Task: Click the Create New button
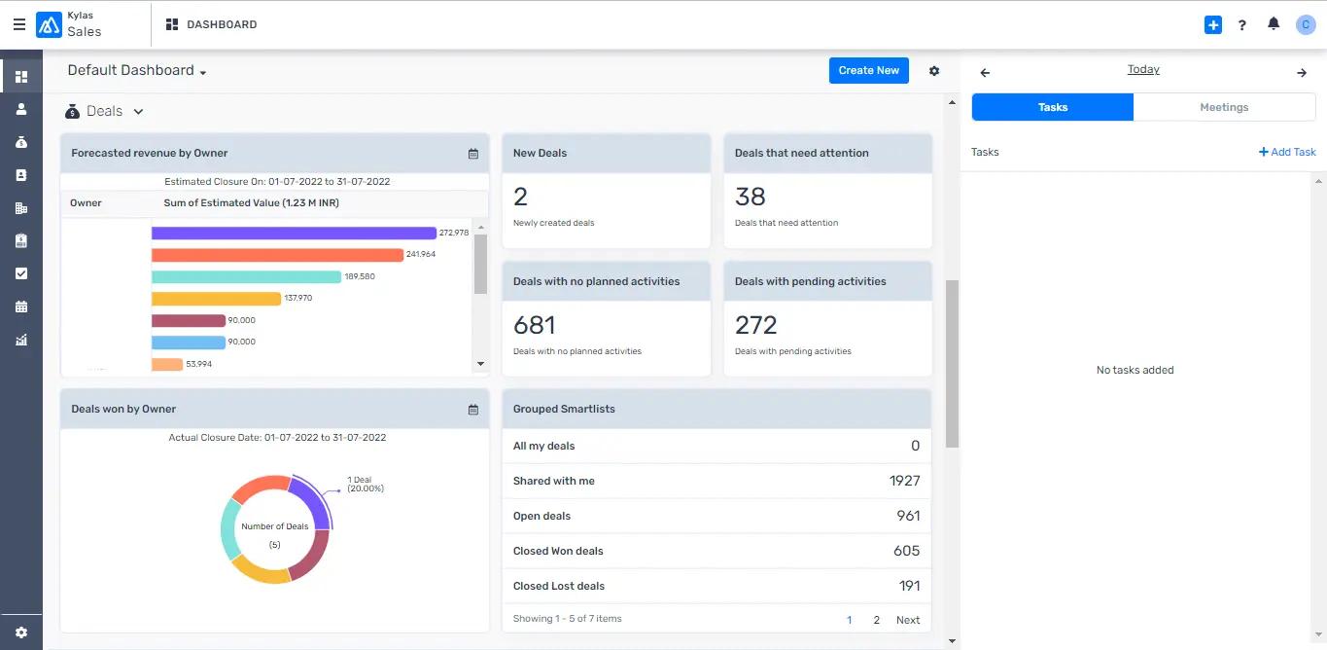tap(868, 70)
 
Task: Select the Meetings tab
tap(1224, 107)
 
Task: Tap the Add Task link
tap(1287, 152)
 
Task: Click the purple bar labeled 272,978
tap(294, 233)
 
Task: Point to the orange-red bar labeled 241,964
tap(277, 255)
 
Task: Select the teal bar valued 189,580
tap(246, 276)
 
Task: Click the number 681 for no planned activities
tap(535, 325)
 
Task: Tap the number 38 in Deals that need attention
tap(751, 197)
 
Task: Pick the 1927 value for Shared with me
tap(904, 481)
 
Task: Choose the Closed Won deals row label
tap(558, 551)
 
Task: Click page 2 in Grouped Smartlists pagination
tap(876, 620)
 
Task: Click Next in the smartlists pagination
tap(908, 620)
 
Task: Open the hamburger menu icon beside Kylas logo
tap(19, 25)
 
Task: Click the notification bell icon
tap(1274, 24)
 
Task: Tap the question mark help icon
tap(1242, 25)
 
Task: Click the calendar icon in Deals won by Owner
tap(473, 410)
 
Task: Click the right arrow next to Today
tap(1302, 73)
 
